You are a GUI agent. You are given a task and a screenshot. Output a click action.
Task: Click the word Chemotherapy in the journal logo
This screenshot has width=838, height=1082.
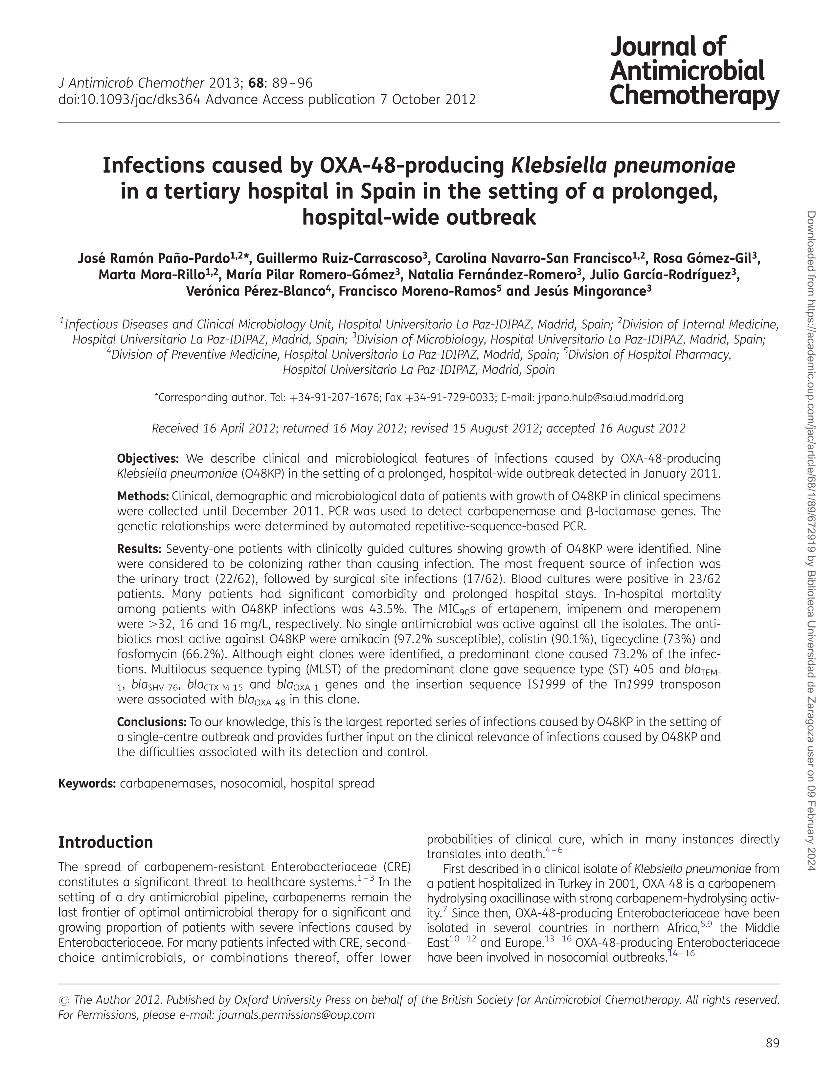click(x=694, y=95)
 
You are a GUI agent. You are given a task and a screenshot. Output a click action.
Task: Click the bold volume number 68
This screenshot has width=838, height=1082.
click(x=255, y=83)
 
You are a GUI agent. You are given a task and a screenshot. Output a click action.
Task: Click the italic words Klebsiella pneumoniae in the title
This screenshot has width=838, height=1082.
click(x=623, y=166)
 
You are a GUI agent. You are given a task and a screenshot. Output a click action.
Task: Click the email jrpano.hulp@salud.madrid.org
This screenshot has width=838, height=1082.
click(x=611, y=397)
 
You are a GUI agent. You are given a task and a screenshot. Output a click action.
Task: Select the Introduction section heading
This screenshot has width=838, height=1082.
click(x=105, y=842)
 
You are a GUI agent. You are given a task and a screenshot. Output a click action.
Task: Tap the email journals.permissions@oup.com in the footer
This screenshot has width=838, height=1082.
click(x=296, y=1015)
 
